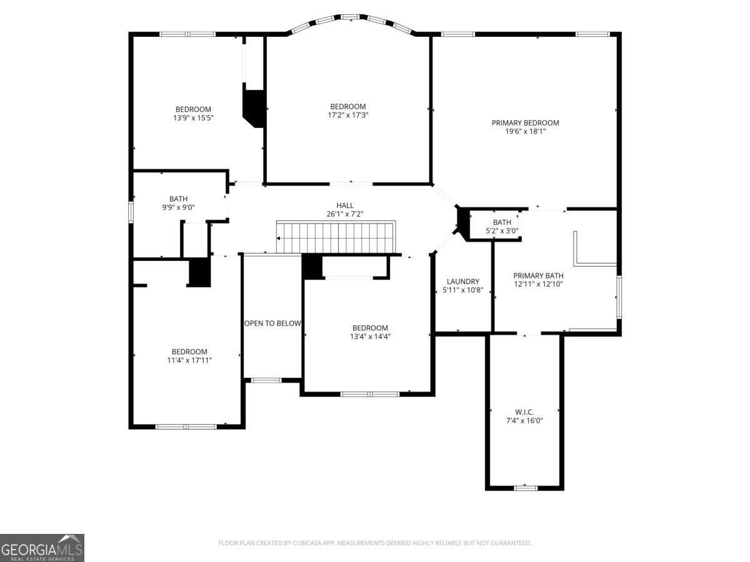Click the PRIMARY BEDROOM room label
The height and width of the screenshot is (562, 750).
pos(525,123)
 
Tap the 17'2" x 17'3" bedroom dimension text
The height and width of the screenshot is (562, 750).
pos(348,115)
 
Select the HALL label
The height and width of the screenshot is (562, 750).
pos(345,205)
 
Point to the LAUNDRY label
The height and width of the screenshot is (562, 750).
pos(463,282)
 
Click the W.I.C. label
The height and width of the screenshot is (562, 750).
pos(524,412)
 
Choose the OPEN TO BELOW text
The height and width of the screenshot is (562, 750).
pos(272,323)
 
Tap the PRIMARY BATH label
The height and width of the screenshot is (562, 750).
pos(538,276)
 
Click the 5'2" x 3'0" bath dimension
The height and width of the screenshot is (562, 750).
pos(502,231)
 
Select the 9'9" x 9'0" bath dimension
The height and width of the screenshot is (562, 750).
pos(178,207)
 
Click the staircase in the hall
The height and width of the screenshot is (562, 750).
pos(336,237)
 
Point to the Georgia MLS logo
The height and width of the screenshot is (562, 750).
pos(42,548)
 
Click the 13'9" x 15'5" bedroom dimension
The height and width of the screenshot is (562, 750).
pos(193,118)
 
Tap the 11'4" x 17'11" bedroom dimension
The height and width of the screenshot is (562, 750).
pos(189,360)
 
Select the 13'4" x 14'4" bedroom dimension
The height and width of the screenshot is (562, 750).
pos(370,337)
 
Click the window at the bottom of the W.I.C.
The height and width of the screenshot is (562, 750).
pos(526,488)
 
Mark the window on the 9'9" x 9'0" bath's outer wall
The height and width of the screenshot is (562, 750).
pos(131,212)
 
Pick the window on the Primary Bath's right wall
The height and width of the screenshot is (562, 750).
pos(619,297)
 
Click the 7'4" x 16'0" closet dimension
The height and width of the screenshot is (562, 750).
pos(524,421)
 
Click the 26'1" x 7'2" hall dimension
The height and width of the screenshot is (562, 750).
pos(345,214)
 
